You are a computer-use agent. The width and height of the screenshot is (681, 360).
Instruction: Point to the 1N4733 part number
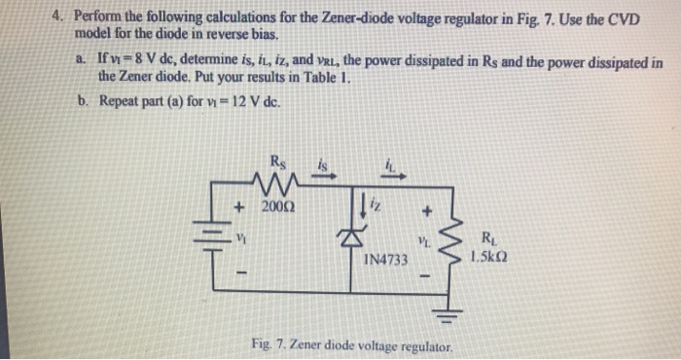click(387, 261)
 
